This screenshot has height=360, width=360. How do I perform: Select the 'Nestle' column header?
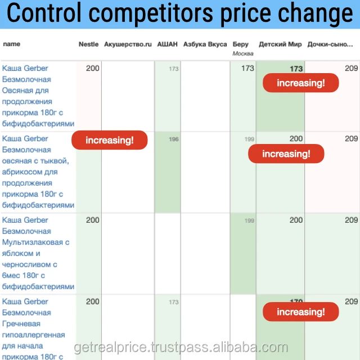(x=88, y=44)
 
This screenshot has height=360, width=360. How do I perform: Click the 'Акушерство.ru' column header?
(x=128, y=44)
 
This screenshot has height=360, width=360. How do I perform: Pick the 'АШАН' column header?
(x=168, y=44)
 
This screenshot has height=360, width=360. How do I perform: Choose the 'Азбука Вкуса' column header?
(x=205, y=44)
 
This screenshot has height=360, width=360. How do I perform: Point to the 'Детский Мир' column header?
(x=280, y=44)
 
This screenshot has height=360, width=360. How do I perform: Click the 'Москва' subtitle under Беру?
(x=243, y=53)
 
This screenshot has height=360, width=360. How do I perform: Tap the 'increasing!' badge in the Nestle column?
(x=110, y=140)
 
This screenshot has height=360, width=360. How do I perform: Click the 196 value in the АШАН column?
(x=174, y=139)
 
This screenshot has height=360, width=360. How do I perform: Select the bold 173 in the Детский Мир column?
(x=296, y=69)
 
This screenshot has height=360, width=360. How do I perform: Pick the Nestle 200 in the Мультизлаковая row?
(x=93, y=220)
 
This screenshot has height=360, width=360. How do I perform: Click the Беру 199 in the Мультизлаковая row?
(x=249, y=220)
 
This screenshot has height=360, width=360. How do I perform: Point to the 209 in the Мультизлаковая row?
(x=351, y=220)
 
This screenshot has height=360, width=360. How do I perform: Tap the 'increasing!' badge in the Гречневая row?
(x=301, y=312)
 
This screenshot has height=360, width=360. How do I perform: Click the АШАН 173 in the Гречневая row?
(x=174, y=302)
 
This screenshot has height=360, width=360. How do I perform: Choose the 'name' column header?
(x=11, y=44)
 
